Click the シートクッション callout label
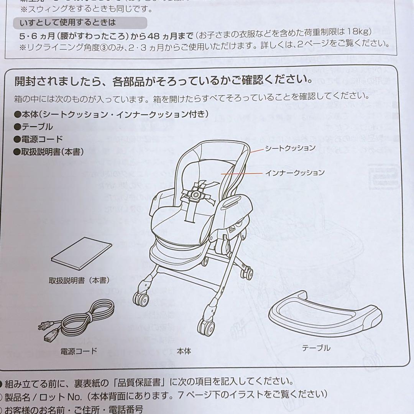pyautogui.click(x=290, y=148)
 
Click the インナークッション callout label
pyautogui.click(x=295, y=172)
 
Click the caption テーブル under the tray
pyautogui.click(x=316, y=348)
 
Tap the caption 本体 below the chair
pyautogui.click(x=184, y=350)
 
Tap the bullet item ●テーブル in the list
pyautogui.click(x=34, y=127)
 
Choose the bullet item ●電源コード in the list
pyautogui.click(x=38, y=139)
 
